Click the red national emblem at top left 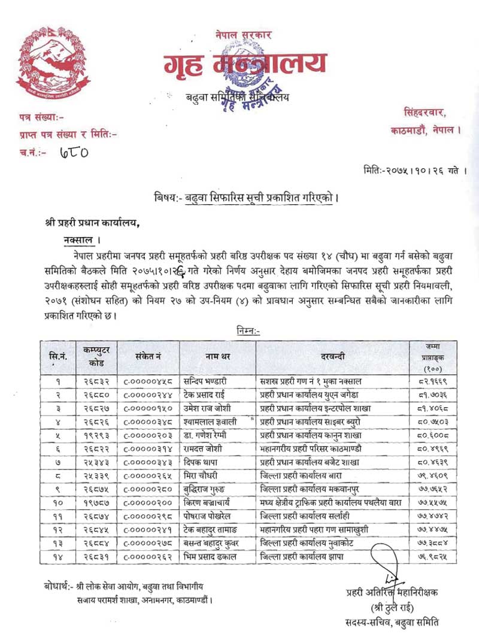point(48,62)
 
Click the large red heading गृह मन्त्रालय point(245,63)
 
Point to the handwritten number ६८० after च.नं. point(74,153)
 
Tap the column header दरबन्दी point(332,357)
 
